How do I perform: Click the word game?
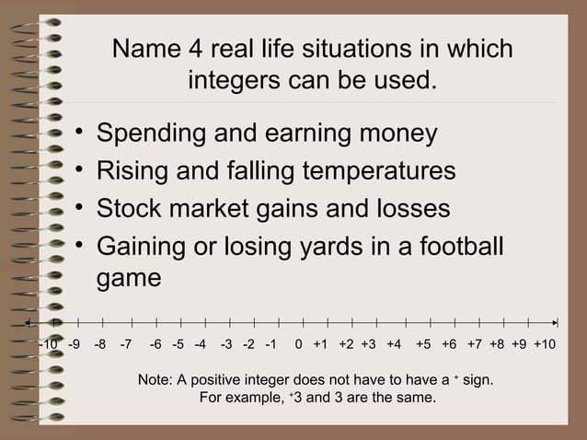130,278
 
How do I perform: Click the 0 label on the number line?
299,346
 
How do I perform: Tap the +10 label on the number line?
545,346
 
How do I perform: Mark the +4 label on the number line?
393,346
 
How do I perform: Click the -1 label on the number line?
270,346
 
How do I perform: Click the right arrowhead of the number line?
555,323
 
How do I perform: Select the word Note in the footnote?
153,379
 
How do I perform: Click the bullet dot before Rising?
82,170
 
